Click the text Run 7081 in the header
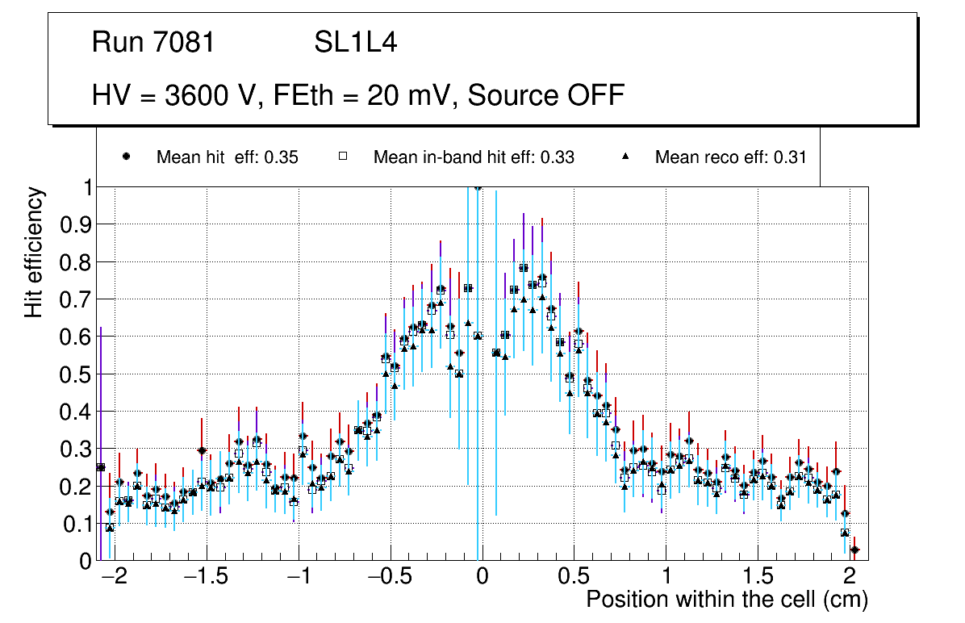[x=153, y=43]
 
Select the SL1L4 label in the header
[x=355, y=43]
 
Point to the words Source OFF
[x=546, y=95]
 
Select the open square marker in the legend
[x=342, y=157]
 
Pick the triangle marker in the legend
[x=626, y=157]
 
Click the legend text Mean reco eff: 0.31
[x=730, y=157]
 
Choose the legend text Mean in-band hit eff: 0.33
[x=474, y=157]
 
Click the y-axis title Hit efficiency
[x=35, y=252]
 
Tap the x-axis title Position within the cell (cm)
[x=726, y=600]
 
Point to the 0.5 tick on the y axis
[x=75, y=374]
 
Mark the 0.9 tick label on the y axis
[x=75, y=224]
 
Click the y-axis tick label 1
[x=87, y=187]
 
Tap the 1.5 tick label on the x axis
[x=758, y=579]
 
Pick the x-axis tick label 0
[x=481, y=579]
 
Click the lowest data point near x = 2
[x=854, y=550]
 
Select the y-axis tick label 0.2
[x=75, y=486]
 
